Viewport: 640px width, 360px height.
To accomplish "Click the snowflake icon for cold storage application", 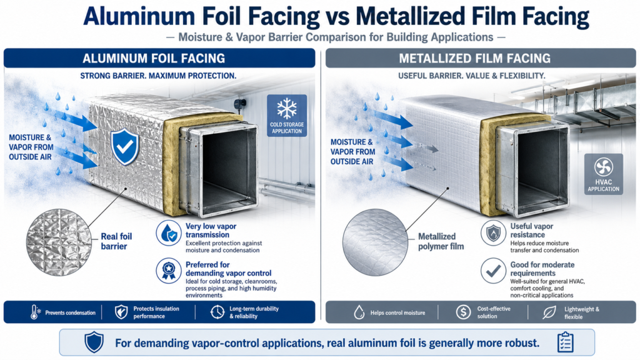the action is [x=287, y=108].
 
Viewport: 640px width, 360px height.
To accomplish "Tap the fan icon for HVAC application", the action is [x=603, y=167].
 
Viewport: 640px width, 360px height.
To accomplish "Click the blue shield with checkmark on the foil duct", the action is [x=125, y=146].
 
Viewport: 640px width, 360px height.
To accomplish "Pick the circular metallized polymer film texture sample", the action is [x=375, y=242].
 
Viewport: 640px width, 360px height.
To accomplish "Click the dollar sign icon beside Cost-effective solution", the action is [x=463, y=312].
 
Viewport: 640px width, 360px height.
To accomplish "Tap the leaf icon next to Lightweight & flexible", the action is [x=549, y=312].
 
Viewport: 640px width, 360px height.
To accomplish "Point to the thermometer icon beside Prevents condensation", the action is [x=35, y=312].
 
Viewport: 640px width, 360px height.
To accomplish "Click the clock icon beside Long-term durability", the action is [x=217, y=312].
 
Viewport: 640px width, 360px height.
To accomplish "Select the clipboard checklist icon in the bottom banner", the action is [x=565, y=342].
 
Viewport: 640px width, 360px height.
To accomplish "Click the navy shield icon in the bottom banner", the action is [x=94, y=342].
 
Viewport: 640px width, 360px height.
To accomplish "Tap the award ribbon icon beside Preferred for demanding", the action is [x=169, y=271].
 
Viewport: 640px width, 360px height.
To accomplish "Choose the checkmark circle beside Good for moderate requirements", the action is [x=493, y=271].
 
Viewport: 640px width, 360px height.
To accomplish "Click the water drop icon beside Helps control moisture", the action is [x=359, y=312].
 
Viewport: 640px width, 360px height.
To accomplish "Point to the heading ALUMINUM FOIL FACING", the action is [x=154, y=58].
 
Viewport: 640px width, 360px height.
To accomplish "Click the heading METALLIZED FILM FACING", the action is [x=475, y=58].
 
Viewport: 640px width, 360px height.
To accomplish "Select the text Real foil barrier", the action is [x=116, y=241].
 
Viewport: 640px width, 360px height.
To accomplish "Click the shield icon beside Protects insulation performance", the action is [x=121, y=312].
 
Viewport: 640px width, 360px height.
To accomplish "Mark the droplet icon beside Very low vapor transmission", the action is [x=169, y=233].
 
